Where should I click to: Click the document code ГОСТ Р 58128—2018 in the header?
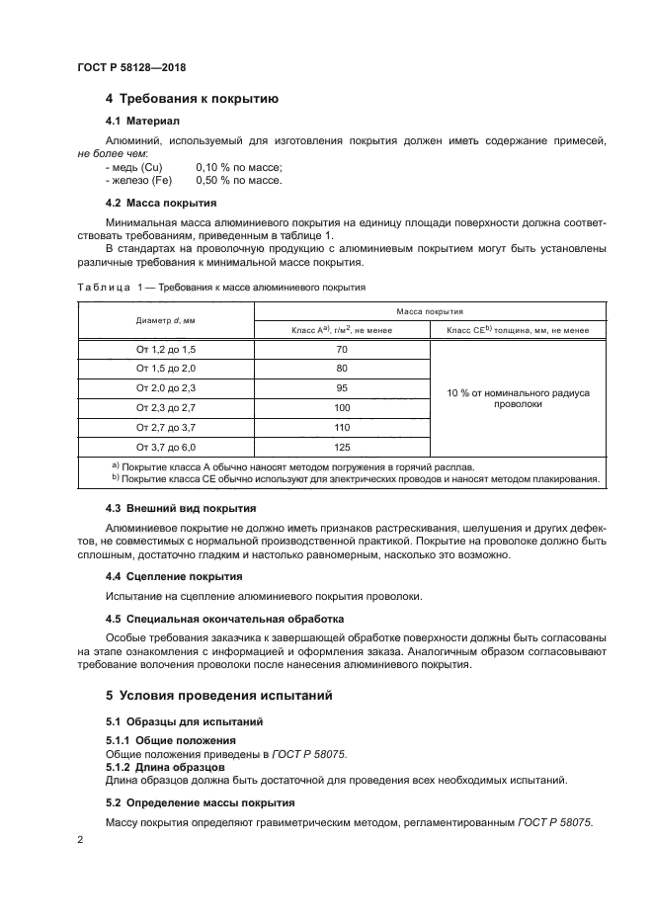pyautogui.click(x=131, y=67)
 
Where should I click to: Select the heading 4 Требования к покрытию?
pyautogui.click(x=192, y=99)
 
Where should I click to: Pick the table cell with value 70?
pyautogui.click(x=342, y=350)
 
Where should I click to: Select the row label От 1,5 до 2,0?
pyautogui.click(x=165, y=369)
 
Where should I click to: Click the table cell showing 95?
pyautogui.click(x=342, y=387)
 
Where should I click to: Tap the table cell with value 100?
pyautogui.click(x=342, y=407)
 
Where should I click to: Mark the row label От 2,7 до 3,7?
pyautogui.click(x=165, y=426)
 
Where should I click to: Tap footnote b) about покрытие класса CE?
pyautogui.click(x=355, y=478)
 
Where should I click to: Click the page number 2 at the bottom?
pyautogui.click(x=80, y=838)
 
